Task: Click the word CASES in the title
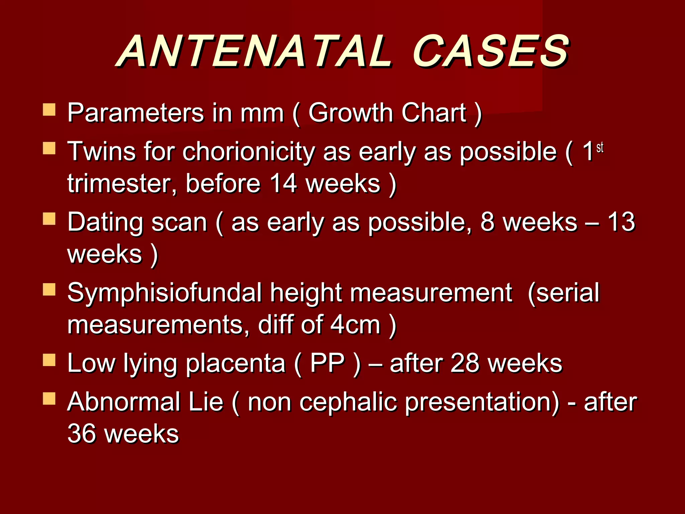(490, 52)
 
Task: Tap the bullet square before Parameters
(49, 109)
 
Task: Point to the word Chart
(433, 113)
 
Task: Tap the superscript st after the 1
(600, 147)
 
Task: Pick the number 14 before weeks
(283, 183)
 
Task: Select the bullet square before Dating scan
(49, 219)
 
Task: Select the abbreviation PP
(327, 363)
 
